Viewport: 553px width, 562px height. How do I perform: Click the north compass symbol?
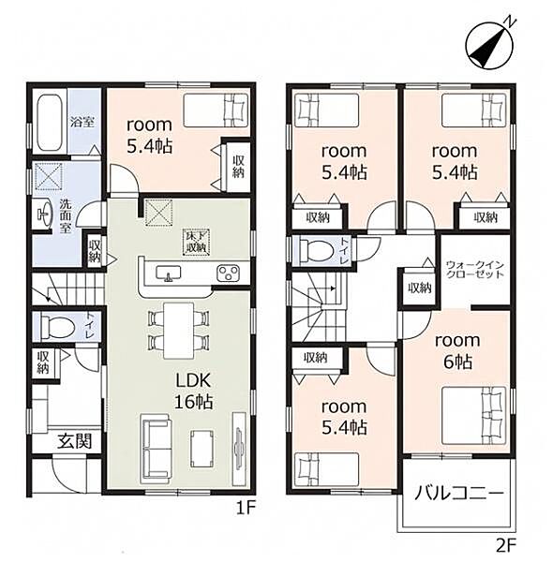coord(489,45)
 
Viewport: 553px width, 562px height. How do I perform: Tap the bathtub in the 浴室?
coord(50,122)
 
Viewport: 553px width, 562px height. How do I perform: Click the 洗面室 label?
coord(66,215)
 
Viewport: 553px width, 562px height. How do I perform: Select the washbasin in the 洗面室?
coord(42,214)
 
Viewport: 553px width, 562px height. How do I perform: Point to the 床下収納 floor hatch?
coord(196,242)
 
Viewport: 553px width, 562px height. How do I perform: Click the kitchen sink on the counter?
coord(168,274)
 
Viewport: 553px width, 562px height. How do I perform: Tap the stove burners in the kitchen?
coord(228,274)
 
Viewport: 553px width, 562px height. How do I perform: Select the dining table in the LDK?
coord(178,331)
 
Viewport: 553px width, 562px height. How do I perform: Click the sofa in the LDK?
coord(156,446)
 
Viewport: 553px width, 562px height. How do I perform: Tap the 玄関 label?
coord(75,440)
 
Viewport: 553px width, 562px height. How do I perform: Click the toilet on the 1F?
coord(57,326)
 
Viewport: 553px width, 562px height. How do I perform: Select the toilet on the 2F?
coord(316,250)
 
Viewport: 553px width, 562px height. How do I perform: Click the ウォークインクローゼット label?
coord(475,270)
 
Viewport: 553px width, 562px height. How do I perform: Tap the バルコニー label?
coord(459,495)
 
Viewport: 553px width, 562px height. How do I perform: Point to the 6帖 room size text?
coord(457,362)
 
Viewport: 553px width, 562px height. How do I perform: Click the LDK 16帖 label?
coord(193,391)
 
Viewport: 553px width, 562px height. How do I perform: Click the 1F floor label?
coord(246,508)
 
